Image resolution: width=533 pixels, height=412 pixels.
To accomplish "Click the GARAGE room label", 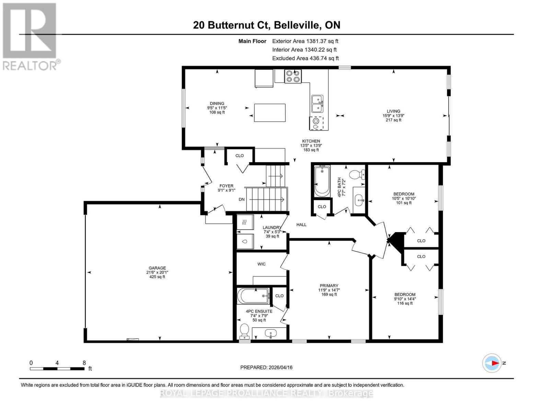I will pyautogui.click(x=157, y=268).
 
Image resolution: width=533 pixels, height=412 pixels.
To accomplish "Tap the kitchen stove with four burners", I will pyautogui.click(x=293, y=76).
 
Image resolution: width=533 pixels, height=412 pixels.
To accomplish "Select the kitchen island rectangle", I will pyautogui.click(x=270, y=113).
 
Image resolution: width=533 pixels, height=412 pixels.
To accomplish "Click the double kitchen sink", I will pyautogui.click(x=317, y=104).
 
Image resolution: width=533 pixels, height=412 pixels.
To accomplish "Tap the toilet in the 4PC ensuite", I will pyautogui.click(x=244, y=331).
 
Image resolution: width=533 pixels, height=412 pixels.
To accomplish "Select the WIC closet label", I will pyautogui.click(x=262, y=264).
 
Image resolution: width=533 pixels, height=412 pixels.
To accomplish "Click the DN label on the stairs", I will pyautogui.click(x=242, y=199).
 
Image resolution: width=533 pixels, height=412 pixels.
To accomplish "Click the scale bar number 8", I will pyautogui.click(x=84, y=363).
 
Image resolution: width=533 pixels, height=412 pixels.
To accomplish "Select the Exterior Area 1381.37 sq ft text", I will pyautogui.click(x=305, y=41).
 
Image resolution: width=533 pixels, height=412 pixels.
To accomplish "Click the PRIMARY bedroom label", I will pyautogui.click(x=329, y=286).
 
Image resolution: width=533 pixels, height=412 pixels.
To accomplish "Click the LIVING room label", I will pyautogui.click(x=393, y=111).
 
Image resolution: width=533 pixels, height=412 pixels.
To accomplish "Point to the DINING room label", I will pyautogui.click(x=217, y=103).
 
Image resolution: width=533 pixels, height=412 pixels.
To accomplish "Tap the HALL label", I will pyautogui.click(x=301, y=225).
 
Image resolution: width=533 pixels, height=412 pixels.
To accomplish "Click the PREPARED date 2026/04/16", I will pyautogui.click(x=266, y=367).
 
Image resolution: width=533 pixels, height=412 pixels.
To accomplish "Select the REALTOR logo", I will pyautogui.click(x=30, y=36).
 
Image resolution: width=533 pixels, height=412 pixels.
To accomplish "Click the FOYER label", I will pyautogui.click(x=227, y=186).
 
